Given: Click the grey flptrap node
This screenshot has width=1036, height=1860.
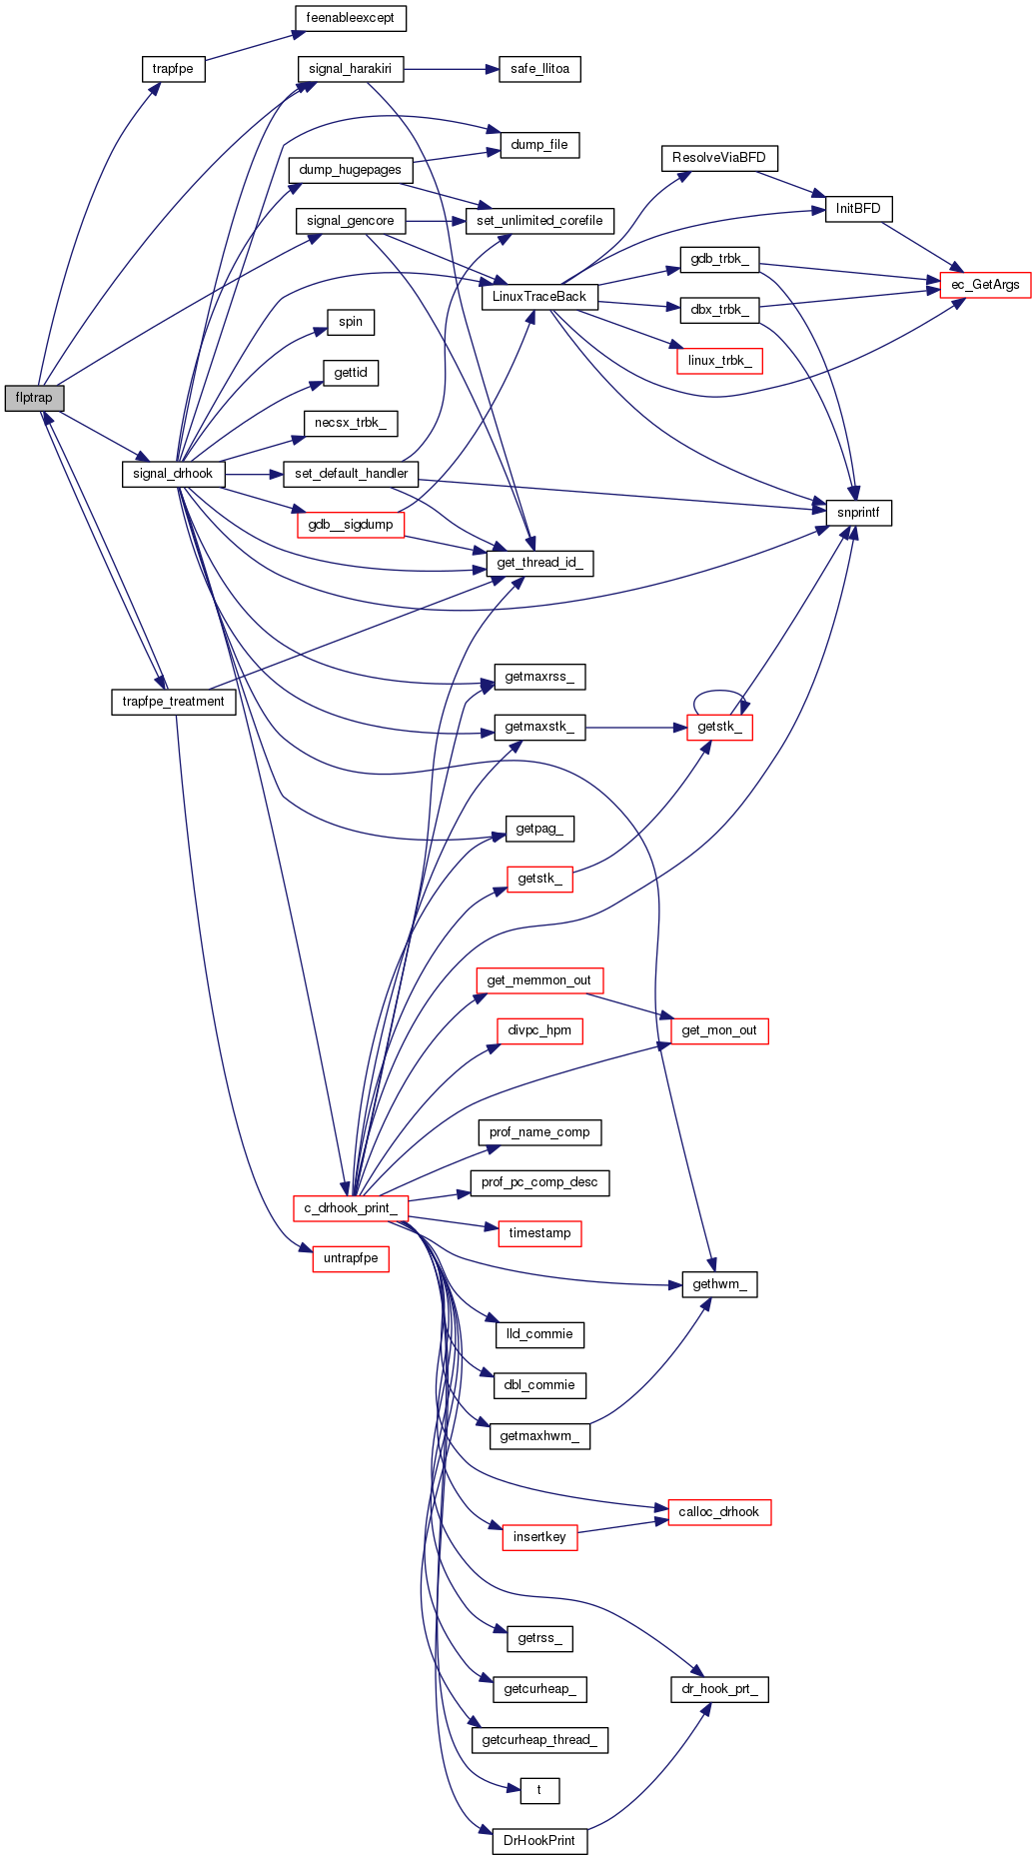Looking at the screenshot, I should point(34,398).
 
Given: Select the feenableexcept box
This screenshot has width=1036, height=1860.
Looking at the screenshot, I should point(350,18).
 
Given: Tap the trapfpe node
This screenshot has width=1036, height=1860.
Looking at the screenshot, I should point(173,69).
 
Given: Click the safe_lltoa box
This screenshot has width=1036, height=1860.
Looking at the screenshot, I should point(539,69).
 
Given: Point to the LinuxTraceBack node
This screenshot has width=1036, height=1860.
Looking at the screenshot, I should point(539,297).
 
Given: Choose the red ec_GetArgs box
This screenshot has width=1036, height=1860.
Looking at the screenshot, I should point(985,285).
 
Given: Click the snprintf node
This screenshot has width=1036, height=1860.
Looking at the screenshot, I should point(858,513).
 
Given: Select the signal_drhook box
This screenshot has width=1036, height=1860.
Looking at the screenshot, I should point(173,474).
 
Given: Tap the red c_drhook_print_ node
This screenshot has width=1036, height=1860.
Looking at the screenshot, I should point(350,1208).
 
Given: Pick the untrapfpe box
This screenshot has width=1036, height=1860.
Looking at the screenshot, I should point(350,1258).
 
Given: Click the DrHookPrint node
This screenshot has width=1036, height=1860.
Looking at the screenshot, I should point(539,1841).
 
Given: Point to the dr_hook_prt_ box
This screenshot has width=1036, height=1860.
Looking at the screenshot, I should point(719,1689).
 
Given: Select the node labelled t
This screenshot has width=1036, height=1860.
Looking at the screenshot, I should point(539,1790).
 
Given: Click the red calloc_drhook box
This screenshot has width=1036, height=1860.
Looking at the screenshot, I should point(719,1512).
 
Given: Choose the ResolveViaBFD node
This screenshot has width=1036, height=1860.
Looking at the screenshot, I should point(719,158).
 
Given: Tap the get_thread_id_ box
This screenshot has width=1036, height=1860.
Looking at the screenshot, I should point(539,563).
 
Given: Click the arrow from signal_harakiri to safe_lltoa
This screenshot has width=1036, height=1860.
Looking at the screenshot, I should point(450,69).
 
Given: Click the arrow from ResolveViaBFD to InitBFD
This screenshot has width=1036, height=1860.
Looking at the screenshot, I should point(789,185).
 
